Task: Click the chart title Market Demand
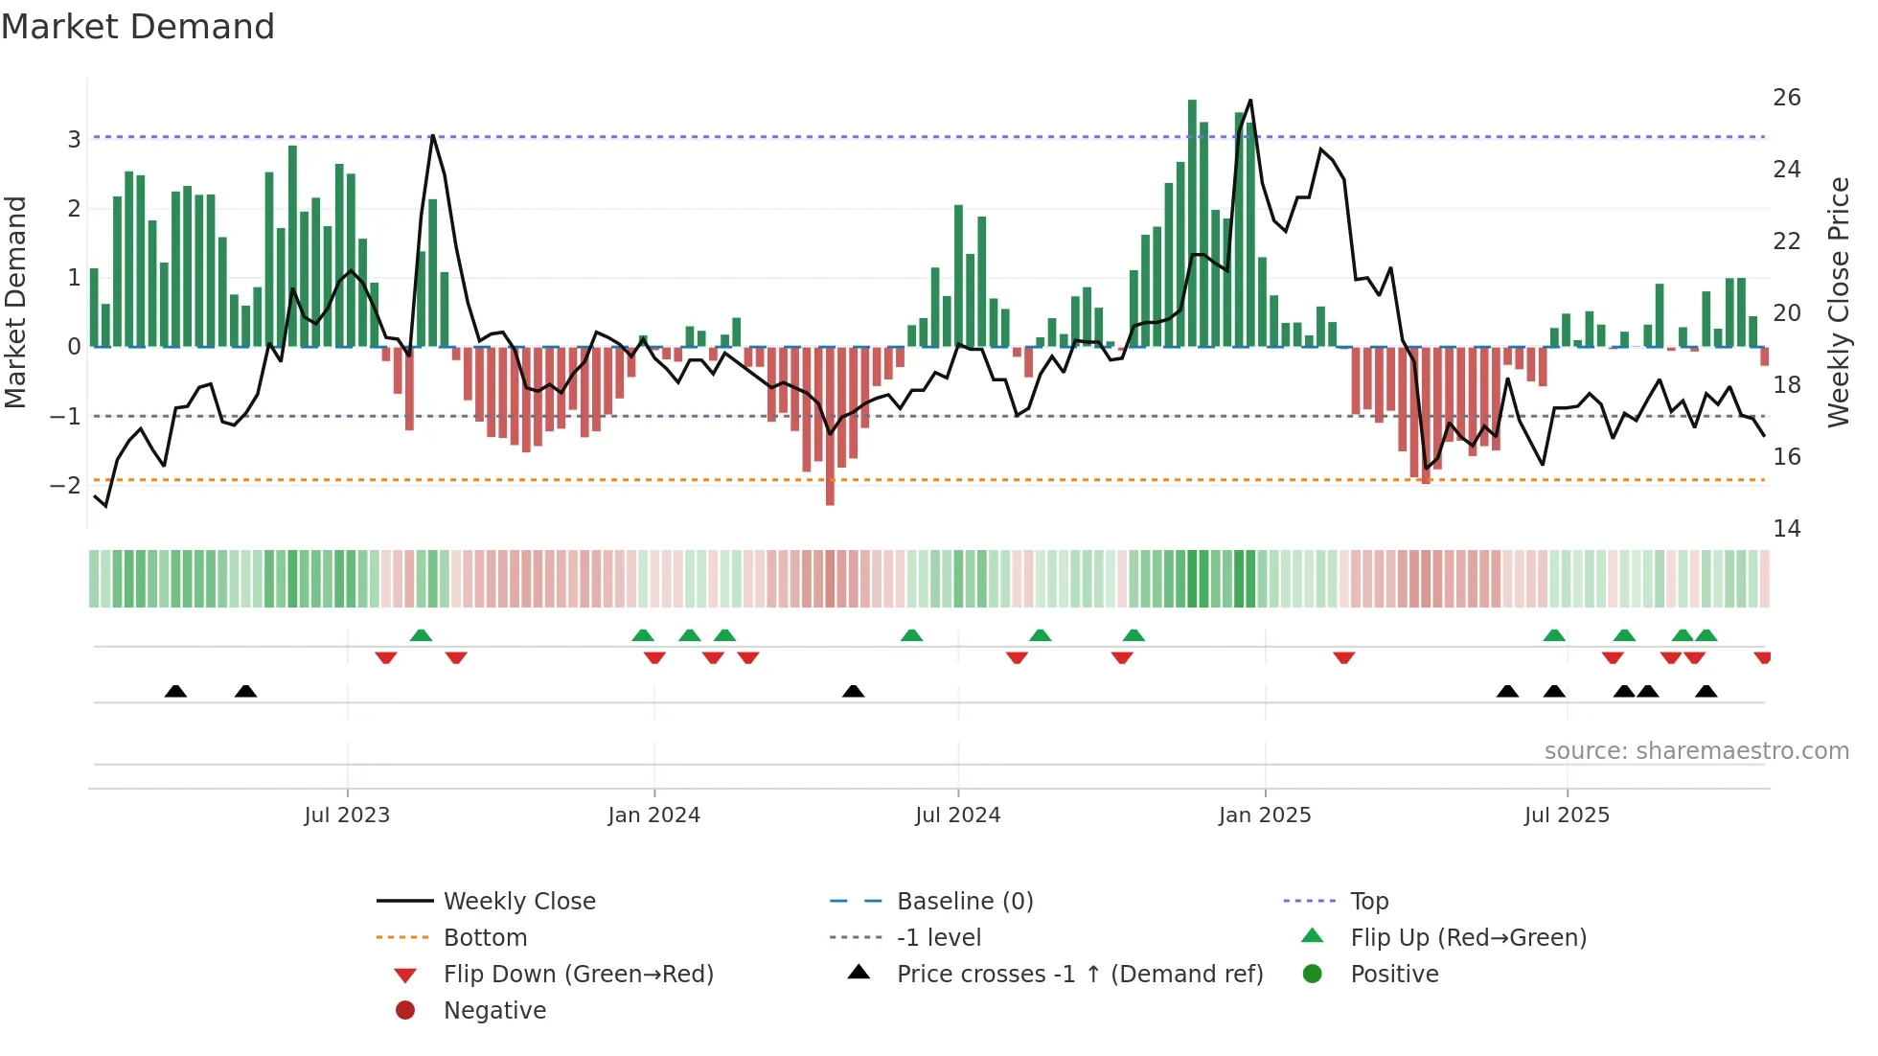point(138,27)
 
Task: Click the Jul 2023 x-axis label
point(347,815)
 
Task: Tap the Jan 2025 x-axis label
point(1265,815)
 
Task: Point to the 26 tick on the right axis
point(1786,98)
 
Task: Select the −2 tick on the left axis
point(66,486)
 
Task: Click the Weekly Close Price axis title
point(1838,302)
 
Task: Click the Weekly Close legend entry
point(518,902)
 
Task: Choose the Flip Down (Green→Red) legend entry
point(578,975)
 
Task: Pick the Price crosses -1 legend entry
point(1079,975)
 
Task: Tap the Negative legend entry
point(494,1011)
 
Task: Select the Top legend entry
point(1368,902)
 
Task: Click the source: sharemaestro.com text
point(1696,751)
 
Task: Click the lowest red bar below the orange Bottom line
point(830,494)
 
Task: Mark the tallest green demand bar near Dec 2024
point(1193,220)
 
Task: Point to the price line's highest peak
point(1250,101)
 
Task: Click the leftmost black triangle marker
point(175,691)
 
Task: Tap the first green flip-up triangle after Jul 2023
point(421,635)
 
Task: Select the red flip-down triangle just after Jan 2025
point(1343,657)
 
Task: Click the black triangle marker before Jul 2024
point(853,691)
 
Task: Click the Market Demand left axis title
point(16,302)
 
